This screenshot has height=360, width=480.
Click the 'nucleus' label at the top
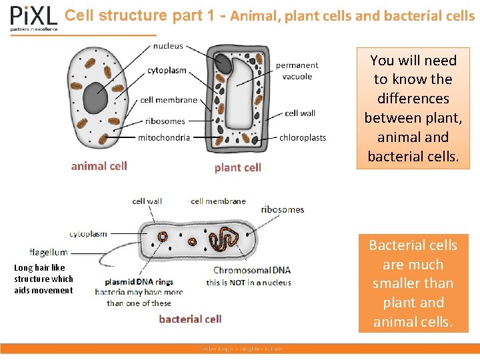click(168, 46)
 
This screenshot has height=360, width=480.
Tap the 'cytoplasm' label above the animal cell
click(167, 71)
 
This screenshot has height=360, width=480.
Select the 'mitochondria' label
click(164, 137)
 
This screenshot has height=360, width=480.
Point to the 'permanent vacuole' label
click(297, 71)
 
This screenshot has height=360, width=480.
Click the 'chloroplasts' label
click(303, 137)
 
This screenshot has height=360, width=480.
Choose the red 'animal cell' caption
click(99, 166)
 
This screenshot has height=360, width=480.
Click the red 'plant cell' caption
click(237, 167)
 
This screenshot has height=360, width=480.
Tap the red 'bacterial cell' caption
click(190, 319)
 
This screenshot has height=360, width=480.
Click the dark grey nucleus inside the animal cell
click(95, 99)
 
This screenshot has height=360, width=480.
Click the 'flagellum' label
click(49, 253)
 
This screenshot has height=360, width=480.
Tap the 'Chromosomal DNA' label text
click(252, 270)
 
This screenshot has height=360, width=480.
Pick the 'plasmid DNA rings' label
click(139, 281)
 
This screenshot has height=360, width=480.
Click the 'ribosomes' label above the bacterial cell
click(282, 209)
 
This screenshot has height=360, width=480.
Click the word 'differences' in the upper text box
click(413, 99)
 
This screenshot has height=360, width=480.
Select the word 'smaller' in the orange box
click(413, 283)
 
